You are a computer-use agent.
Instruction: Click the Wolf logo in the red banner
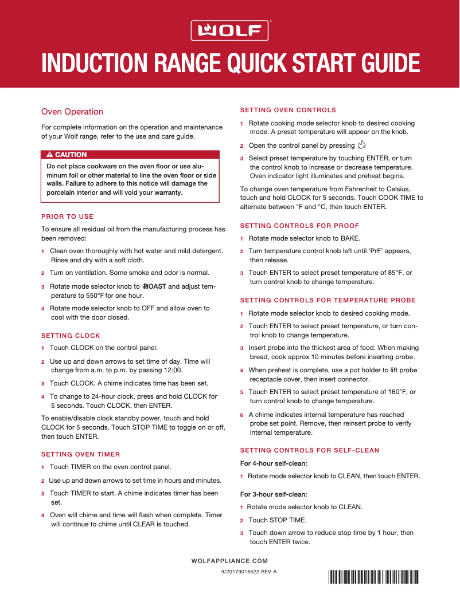coord(229,30)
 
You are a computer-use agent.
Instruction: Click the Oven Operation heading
coord(72,112)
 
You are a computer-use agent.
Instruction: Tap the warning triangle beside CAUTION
coord(50,155)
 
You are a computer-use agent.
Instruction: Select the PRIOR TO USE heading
coord(67,217)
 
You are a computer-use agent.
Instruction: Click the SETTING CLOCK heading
coord(71,336)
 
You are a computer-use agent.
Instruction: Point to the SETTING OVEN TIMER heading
coord(81,454)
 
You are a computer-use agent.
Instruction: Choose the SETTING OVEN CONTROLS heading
coord(288,110)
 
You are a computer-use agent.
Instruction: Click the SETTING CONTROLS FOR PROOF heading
coord(299,226)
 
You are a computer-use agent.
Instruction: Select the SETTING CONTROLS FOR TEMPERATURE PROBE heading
coord(328,300)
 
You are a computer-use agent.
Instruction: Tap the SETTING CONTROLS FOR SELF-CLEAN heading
coord(310,450)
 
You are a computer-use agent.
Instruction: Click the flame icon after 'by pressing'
coord(361,145)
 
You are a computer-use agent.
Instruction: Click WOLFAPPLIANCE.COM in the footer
coord(229,561)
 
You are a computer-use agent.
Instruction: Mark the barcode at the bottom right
coord(373,576)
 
